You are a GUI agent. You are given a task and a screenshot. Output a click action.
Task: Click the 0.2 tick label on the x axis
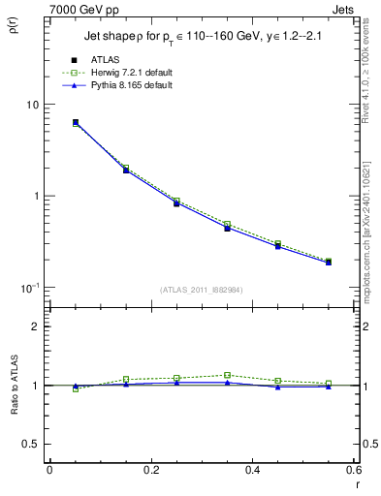pos(150,471)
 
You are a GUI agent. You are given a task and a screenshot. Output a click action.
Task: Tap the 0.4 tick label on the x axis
pos(252,471)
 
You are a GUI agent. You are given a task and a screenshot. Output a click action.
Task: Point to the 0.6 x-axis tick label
pos(353,471)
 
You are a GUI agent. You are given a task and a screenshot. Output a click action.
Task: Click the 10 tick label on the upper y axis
pos(32,105)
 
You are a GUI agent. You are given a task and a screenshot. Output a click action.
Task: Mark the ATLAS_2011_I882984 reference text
pos(202,290)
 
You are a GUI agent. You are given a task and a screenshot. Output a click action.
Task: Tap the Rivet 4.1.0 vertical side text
pos(372,77)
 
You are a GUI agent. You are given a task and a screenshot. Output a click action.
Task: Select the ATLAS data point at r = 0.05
pos(76,123)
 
